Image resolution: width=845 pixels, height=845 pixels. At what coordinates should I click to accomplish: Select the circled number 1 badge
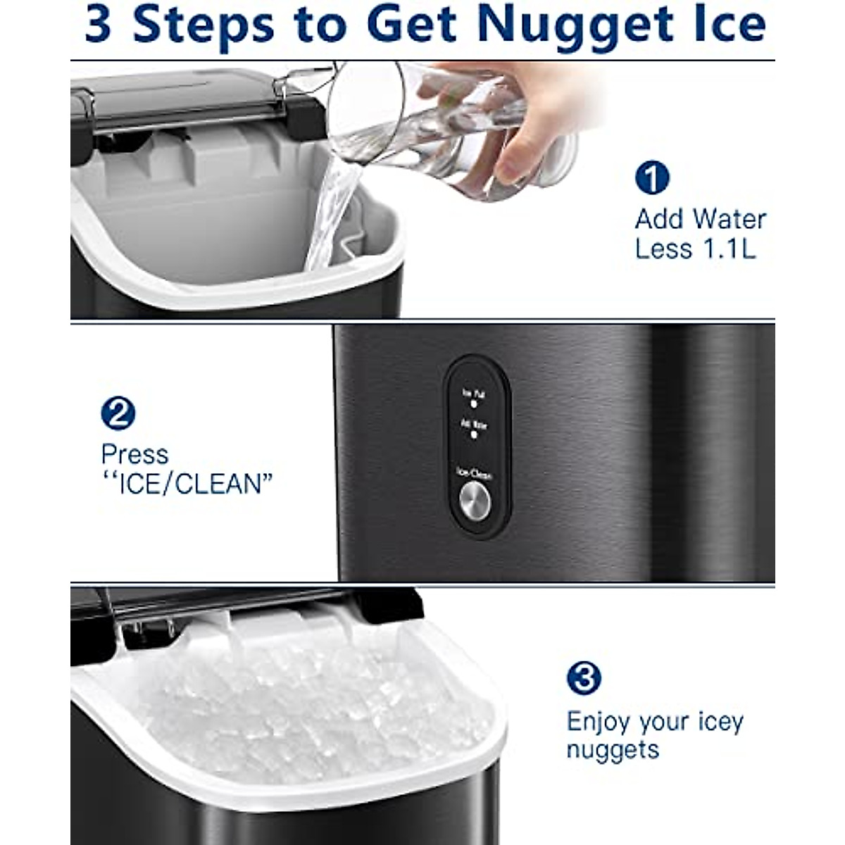651,177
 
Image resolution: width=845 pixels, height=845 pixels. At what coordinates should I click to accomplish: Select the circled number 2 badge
118,413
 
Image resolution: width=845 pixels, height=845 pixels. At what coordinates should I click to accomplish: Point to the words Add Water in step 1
700,220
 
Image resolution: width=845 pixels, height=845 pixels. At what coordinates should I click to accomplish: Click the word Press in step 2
134,455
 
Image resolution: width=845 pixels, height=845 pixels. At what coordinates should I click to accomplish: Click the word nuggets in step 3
613,750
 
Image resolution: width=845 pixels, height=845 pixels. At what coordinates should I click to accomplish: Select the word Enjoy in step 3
599,722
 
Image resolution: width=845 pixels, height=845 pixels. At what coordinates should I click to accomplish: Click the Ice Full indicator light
474,406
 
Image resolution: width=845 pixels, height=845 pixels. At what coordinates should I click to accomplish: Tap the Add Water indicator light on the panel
474,435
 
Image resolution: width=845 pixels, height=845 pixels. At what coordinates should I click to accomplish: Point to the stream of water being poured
331,211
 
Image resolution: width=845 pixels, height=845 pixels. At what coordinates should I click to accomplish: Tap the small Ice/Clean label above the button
474,475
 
